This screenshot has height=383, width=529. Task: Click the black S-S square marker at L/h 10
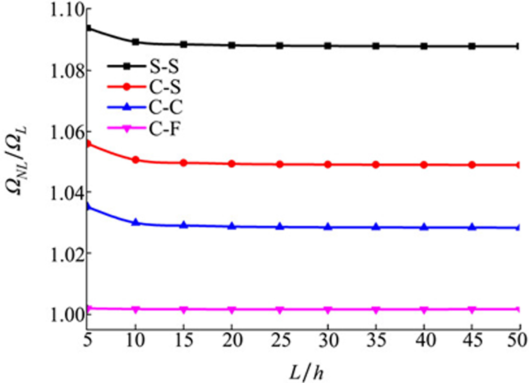tap(136, 42)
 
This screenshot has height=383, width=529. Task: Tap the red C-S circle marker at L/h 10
tap(136, 160)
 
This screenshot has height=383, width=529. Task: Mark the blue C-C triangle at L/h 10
tap(136, 222)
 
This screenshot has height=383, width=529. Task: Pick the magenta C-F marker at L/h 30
tap(328, 309)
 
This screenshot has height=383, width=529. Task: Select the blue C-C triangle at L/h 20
tap(232, 226)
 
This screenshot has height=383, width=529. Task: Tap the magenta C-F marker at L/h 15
tap(184, 309)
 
